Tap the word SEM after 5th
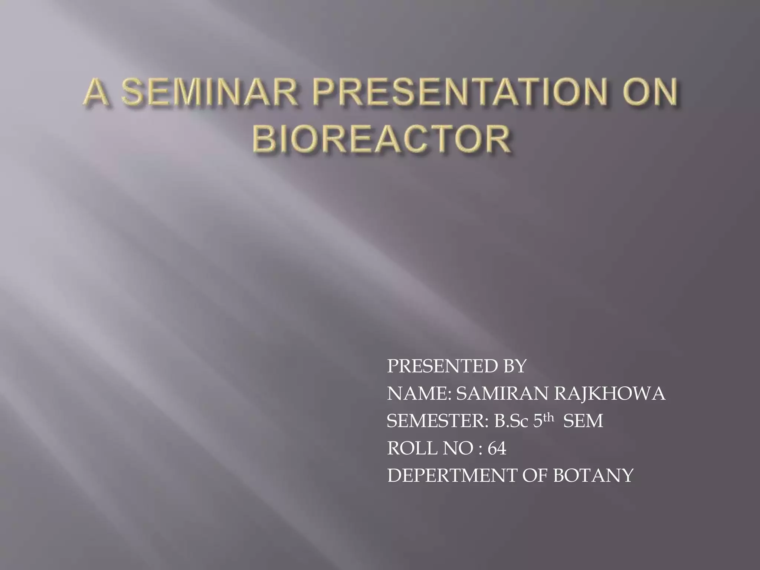click(x=583, y=421)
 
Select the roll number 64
click(x=497, y=449)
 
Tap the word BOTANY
click(x=593, y=476)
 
